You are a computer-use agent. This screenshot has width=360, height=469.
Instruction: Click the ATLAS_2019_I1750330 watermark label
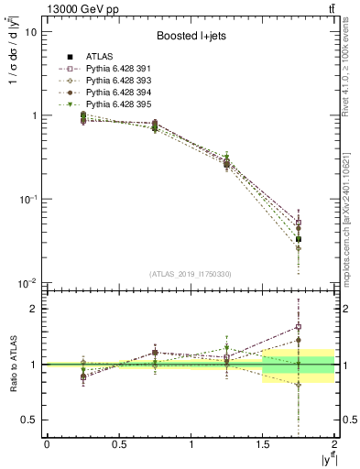(x=189, y=274)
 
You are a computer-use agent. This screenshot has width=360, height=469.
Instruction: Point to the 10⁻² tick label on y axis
(x=27, y=283)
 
